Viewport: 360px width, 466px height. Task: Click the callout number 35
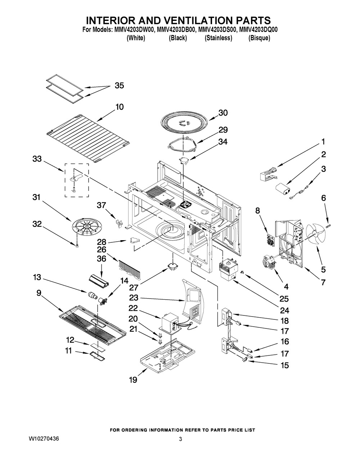(x=119, y=86)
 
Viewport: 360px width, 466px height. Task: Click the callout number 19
(x=133, y=380)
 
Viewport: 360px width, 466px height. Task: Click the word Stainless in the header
(x=219, y=38)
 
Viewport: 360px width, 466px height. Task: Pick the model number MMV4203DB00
(x=176, y=30)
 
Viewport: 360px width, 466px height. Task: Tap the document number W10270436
(x=44, y=439)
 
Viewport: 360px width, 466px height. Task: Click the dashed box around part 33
(x=77, y=180)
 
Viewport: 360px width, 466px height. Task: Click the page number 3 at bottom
(x=180, y=439)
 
